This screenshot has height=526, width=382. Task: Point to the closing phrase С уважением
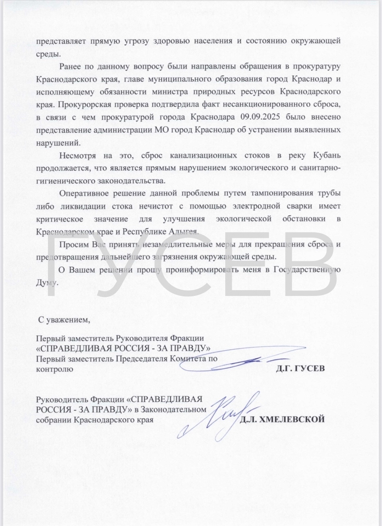click(64, 319)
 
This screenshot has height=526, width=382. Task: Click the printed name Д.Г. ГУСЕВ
click(300, 369)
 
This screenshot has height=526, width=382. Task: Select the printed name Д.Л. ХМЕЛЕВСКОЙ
click(282, 420)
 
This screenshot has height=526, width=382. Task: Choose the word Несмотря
click(78, 155)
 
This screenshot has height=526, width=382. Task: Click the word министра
click(170, 92)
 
